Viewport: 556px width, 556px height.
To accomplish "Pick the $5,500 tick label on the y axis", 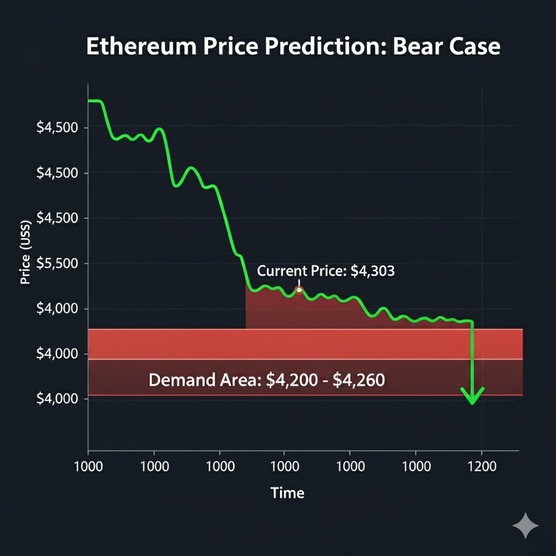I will [57, 264].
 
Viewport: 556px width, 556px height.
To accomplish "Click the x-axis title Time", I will [287, 493].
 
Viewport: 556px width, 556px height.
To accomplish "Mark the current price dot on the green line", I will [298, 290].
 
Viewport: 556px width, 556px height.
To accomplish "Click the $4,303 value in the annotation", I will [373, 271].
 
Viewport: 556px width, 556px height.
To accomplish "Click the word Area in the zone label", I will [236, 380].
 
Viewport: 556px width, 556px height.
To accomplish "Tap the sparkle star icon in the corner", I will [526, 526].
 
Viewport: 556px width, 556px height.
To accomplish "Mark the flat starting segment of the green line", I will [94, 101].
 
